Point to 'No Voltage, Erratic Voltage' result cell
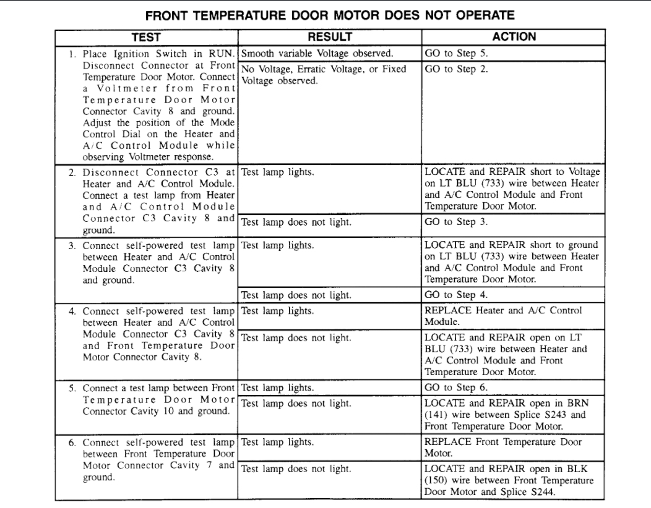tap(324, 75)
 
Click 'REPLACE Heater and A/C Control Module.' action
tap(503, 316)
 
